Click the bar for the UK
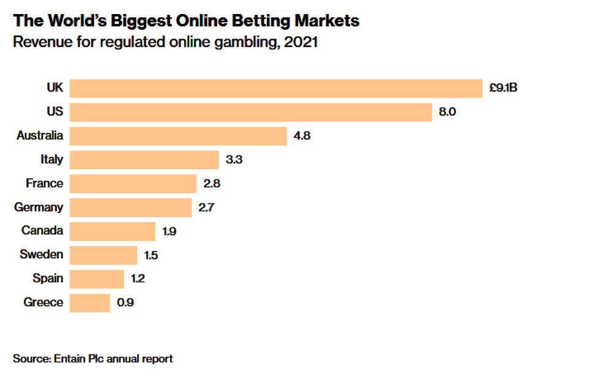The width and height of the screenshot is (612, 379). click(276, 88)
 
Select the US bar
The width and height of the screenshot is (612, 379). click(251, 112)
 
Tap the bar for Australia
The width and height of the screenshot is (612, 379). click(178, 136)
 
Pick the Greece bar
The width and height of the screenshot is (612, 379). click(90, 302)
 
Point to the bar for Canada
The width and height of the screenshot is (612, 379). click(113, 231)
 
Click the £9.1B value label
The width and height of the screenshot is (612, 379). click(504, 88)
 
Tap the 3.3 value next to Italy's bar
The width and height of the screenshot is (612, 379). click(234, 160)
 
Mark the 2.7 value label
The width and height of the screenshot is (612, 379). click(207, 207)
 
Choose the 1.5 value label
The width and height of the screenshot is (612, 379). click(151, 255)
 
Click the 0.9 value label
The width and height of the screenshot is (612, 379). click(124, 302)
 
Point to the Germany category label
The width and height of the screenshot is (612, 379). click(39, 207)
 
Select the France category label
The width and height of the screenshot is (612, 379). click(44, 183)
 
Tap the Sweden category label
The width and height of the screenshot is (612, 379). click(41, 255)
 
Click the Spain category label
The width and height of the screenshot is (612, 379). click(48, 279)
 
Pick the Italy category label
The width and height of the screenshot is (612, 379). click(51, 160)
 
